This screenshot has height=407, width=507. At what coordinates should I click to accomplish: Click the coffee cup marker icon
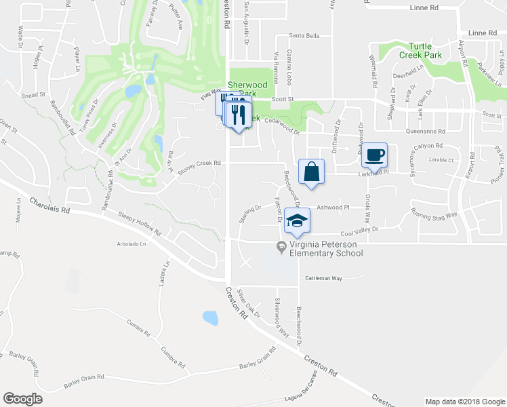click(374, 155)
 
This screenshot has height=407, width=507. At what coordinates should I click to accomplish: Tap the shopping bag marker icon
click(311, 172)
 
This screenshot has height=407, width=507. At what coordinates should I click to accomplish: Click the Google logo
click(23, 399)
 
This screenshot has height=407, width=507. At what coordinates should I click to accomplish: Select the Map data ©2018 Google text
click(465, 402)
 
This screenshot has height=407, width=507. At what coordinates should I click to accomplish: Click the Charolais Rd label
click(51, 206)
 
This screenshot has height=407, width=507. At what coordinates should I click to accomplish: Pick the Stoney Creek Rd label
click(200, 163)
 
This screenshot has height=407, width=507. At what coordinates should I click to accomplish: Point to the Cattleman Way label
click(324, 278)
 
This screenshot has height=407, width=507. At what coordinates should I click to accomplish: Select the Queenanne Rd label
click(425, 132)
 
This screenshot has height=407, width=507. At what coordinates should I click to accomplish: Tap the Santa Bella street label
click(304, 36)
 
